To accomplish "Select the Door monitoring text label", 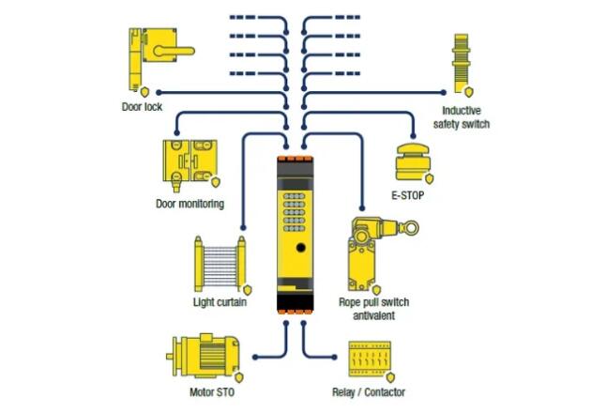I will [x=189, y=204].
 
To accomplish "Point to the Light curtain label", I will [x=220, y=302].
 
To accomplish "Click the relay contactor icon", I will [x=369, y=358].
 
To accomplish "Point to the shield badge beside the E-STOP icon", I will [x=430, y=177].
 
